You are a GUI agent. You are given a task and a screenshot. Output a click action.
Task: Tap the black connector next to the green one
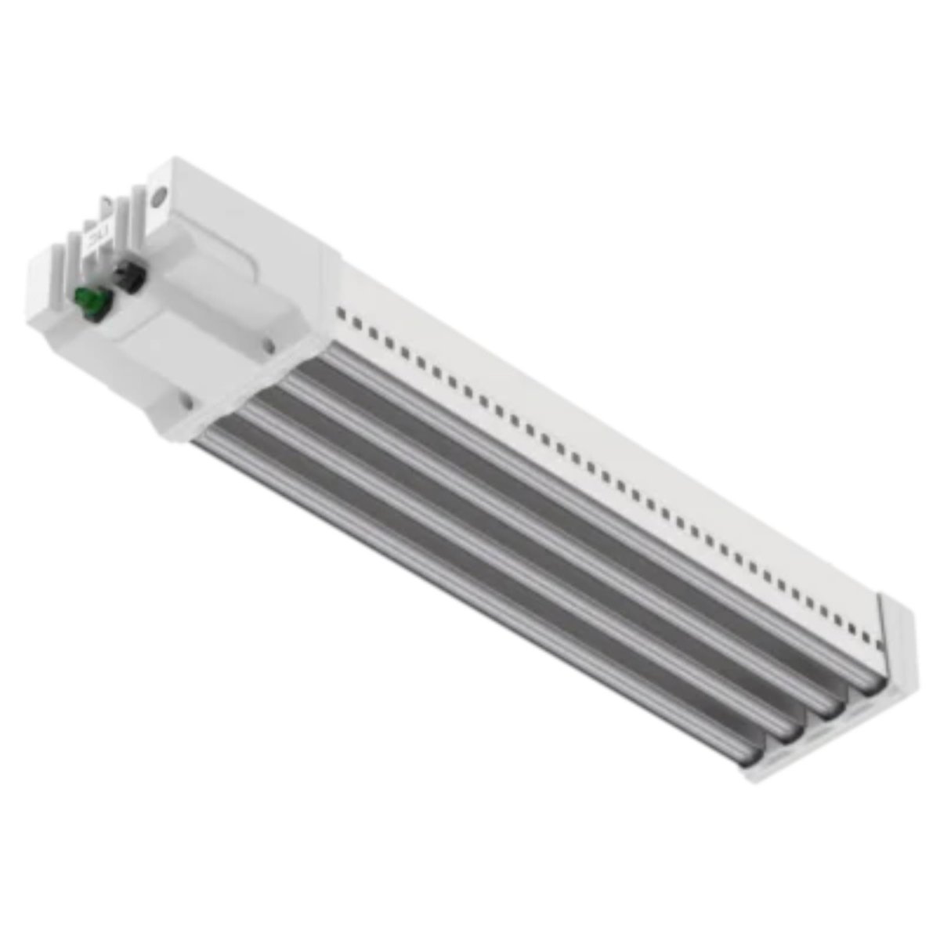coord(125,277)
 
